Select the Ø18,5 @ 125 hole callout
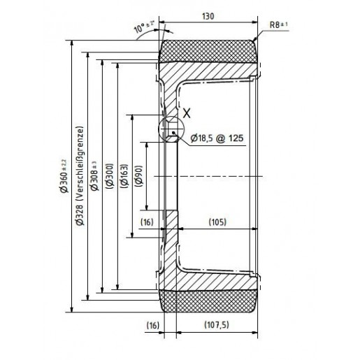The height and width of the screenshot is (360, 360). [216, 138]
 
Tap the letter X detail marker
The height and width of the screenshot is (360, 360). [186, 111]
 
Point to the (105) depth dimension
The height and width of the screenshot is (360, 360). [217, 222]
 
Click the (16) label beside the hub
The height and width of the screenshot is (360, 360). [147, 222]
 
